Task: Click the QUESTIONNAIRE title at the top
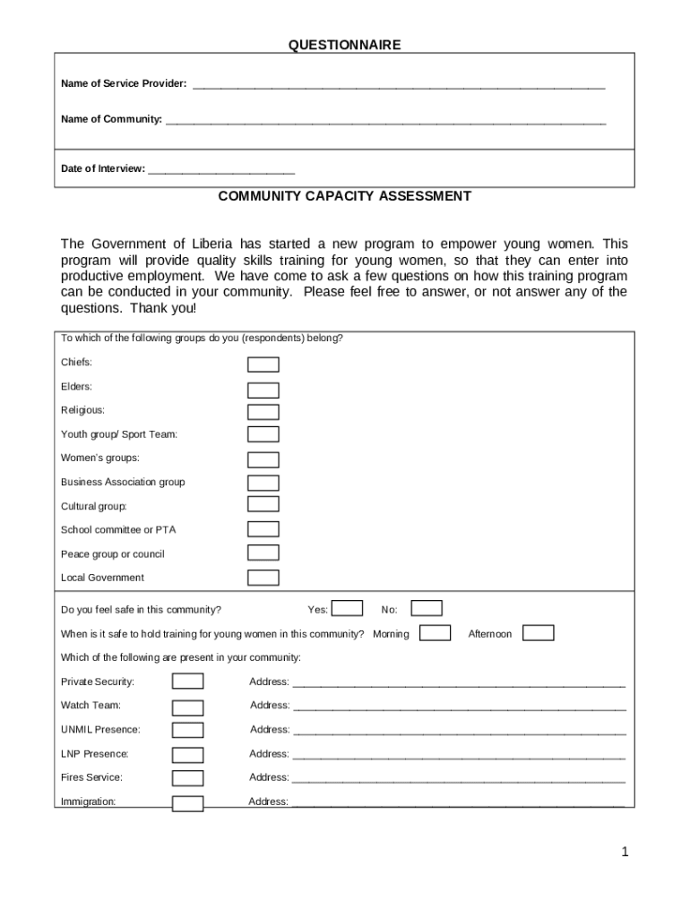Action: pos(344,45)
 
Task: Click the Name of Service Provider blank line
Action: pos(399,85)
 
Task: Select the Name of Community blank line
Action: pos(385,120)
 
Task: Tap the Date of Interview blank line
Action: pos(220,169)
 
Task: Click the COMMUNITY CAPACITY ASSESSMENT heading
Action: pos(344,196)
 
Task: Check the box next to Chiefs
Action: pos(263,364)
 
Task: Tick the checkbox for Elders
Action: pos(263,390)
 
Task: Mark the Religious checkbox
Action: pos(263,412)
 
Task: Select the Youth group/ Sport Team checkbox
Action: pos(263,434)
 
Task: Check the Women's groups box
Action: pos(263,459)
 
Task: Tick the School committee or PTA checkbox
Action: pos(263,529)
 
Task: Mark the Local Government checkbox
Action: pos(263,578)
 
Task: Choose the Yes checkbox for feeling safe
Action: pos(348,609)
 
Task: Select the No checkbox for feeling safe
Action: pos(427,609)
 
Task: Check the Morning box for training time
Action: pos(436,633)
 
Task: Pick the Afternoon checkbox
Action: pos(538,633)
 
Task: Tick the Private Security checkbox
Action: pos(187,681)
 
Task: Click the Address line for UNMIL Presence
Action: pos(459,731)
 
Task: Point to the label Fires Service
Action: pos(91,777)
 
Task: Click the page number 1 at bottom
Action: pos(625,852)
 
